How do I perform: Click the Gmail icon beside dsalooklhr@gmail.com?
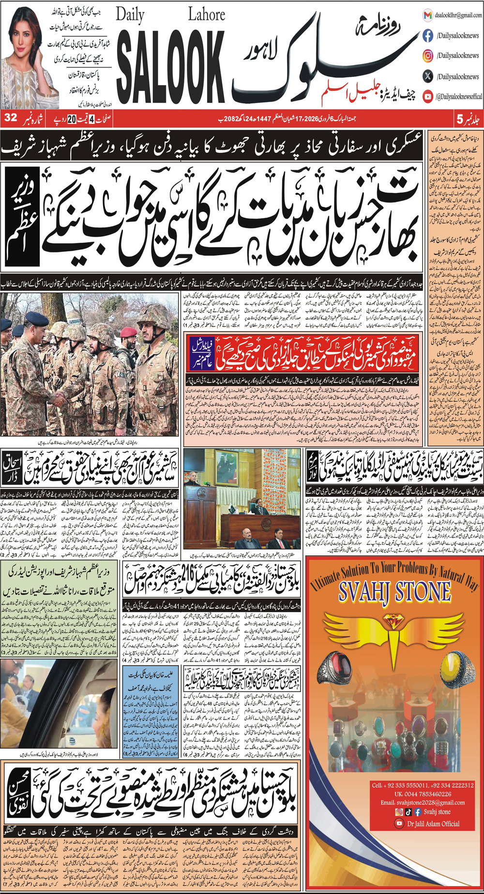[427, 15]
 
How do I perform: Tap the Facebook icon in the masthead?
[428, 35]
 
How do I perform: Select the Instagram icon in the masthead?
[428, 56]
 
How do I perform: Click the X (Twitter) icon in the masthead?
[428, 76]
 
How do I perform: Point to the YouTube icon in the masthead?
[428, 96]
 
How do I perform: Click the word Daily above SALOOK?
[130, 16]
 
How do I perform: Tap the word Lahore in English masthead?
[206, 15]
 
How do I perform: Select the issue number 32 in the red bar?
[11, 118]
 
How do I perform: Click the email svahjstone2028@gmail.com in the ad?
[423, 802]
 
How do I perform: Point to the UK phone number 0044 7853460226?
[423, 794]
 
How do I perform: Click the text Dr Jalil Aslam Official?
[433, 823]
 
